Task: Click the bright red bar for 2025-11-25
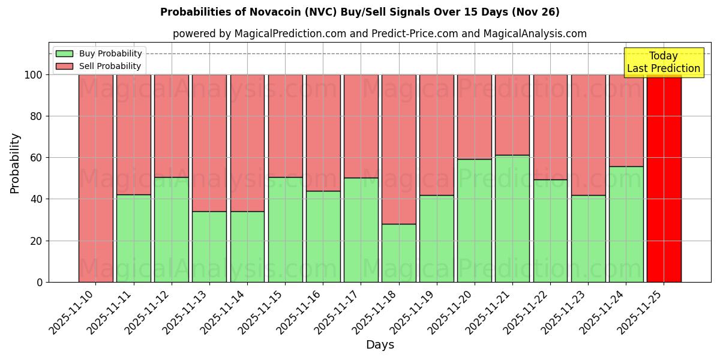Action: pyautogui.click(x=664, y=178)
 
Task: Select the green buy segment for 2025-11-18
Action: pyautogui.click(x=399, y=253)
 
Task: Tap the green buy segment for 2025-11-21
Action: pyautogui.click(x=512, y=218)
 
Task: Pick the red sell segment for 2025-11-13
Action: pyautogui.click(x=209, y=143)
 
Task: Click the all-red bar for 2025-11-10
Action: pyautogui.click(x=95, y=178)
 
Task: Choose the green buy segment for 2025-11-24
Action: pyautogui.click(x=626, y=224)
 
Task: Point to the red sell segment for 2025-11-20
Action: pyautogui.click(x=475, y=117)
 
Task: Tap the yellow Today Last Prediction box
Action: pyautogui.click(x=664, y=62)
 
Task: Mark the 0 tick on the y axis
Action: pyautogui.click(x=40, y=282)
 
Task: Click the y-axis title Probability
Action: pyautogui.click(x=15, y=163)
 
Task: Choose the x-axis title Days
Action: pyautogui.click(x=380, y=345)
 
